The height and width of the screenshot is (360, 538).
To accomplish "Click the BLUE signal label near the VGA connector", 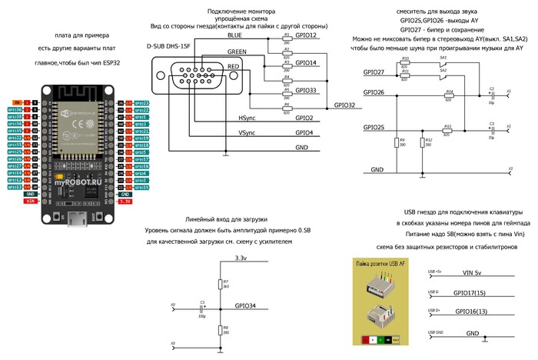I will [235, 36].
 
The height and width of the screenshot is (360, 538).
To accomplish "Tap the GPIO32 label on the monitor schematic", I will [344, 105].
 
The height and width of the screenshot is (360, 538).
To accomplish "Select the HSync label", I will [247, 118].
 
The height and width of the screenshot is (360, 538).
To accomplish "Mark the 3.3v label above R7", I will [241, 258].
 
